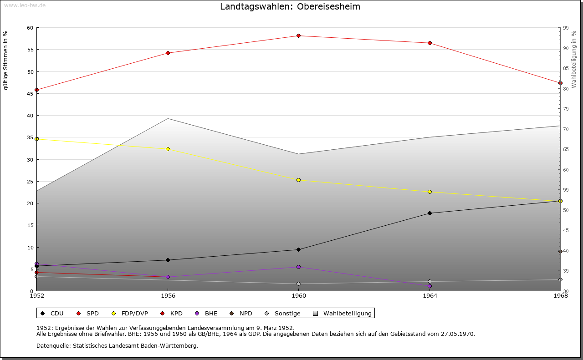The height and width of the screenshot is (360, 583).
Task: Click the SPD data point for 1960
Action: tap(298, 35)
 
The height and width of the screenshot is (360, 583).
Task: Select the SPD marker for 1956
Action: tap(168, 53)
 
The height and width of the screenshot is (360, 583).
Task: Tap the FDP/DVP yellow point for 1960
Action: tap(298, 180)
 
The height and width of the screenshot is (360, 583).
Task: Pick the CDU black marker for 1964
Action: tap(430, 213)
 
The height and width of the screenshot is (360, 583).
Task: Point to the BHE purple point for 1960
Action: tap(298, 267)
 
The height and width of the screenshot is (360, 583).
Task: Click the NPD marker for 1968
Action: tap(560, 251)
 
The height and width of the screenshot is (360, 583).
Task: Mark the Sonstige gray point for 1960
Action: tap(298, 284)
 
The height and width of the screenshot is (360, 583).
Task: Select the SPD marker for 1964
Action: tap(430, 43)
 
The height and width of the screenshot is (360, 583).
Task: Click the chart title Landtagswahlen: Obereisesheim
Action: tap(290, 6)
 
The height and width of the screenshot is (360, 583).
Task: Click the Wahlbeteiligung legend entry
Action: tap(343, 313)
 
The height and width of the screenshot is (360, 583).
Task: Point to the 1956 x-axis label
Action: tap(168, 296)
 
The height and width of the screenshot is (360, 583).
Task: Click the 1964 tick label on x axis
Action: tap(430, 296)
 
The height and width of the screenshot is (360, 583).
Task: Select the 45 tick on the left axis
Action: tap(30, 93)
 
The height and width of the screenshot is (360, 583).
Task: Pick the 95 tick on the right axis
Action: tap(566, 28)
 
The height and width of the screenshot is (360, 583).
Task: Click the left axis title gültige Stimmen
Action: tap(5, 60)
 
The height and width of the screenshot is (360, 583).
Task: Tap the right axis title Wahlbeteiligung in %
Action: tap(574, 60)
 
